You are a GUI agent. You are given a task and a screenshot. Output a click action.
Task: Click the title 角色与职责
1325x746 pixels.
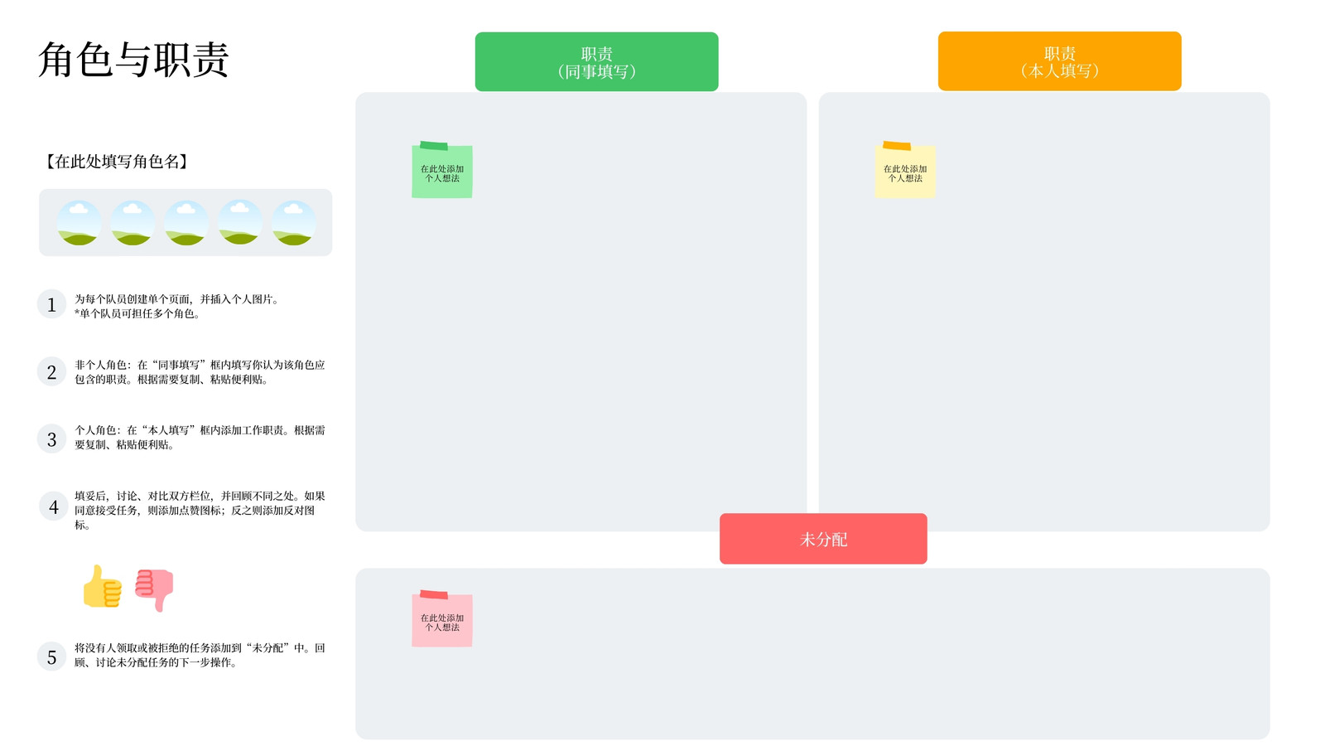(x=133, y=59)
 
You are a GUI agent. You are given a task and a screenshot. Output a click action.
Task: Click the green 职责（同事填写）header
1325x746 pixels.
(x=596, y=61)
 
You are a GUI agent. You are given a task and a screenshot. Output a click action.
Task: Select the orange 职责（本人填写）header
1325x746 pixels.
(x=1059, y=61)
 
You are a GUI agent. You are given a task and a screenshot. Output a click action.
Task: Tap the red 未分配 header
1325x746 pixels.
(x=823, y=539)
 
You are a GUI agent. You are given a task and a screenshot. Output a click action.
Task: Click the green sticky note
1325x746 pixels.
(x=442, y=172)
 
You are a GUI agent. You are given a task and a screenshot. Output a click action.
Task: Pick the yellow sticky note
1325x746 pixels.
(x=905, y=172)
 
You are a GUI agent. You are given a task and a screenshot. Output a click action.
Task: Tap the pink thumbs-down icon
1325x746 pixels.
(x=154, y=589)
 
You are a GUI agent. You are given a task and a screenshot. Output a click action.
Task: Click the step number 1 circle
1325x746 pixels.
(x=51, y=304)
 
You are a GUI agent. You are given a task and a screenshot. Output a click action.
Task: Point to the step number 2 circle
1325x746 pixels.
(x=51, y=372)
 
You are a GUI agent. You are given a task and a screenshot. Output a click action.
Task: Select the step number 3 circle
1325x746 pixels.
(x=51, y=438)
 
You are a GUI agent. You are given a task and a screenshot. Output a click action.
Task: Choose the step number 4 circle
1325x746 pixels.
(x=53, y=506)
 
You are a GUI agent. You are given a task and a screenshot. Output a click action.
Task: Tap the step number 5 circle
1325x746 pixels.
(x=51, y=656)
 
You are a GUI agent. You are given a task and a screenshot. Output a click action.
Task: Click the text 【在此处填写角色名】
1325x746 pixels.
(x=117, y=161)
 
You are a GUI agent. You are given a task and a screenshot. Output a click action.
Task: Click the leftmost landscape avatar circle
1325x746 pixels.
(x=79, y=223)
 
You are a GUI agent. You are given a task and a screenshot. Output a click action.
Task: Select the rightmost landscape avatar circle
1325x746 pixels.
(x=293, y=223)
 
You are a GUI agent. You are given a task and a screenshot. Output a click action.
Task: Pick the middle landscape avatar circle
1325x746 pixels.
(x=185, y=223)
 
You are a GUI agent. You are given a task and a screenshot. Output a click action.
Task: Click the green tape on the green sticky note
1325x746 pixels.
(x=434, y=146)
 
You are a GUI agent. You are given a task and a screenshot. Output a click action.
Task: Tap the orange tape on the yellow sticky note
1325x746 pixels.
(x=897, y=146)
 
